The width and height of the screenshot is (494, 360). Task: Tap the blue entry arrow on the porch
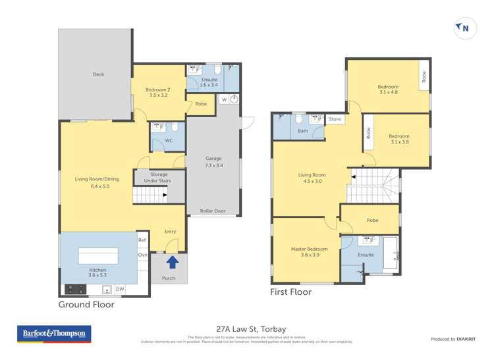pos(172,263)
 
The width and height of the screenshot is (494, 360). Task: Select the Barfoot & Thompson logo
pos(55,334)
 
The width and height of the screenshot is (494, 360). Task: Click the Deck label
pos(98,74)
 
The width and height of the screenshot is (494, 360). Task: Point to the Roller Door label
pos(213,211)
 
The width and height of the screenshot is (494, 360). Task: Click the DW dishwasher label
pos(119,289)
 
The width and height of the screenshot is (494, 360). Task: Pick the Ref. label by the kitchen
pos(142,241)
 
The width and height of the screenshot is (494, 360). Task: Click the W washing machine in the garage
pos(224,100)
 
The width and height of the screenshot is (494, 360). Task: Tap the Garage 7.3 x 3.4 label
pos(213,162)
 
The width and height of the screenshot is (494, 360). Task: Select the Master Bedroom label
pos(309,252)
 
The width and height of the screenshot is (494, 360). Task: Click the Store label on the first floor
pos(335,119)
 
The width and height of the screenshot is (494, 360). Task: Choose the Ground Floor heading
pos(86,305)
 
